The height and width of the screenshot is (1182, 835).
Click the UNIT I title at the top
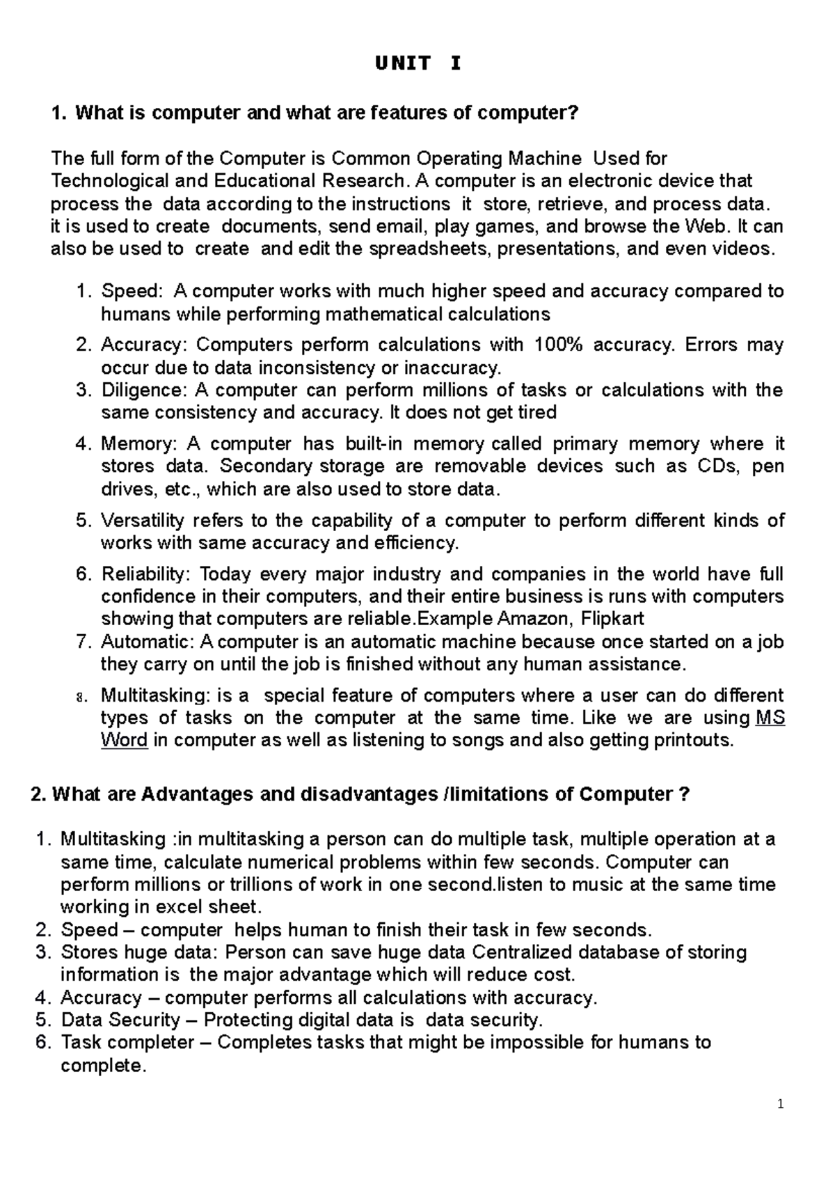click(x=417, y=64)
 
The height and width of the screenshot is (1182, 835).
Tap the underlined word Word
click(x=124, y=740)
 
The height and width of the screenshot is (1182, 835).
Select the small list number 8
click(x=80, y=697)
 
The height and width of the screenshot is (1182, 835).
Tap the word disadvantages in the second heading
click(x=367, y=794)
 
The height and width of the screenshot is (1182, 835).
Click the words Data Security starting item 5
click(x=120, y=1020)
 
